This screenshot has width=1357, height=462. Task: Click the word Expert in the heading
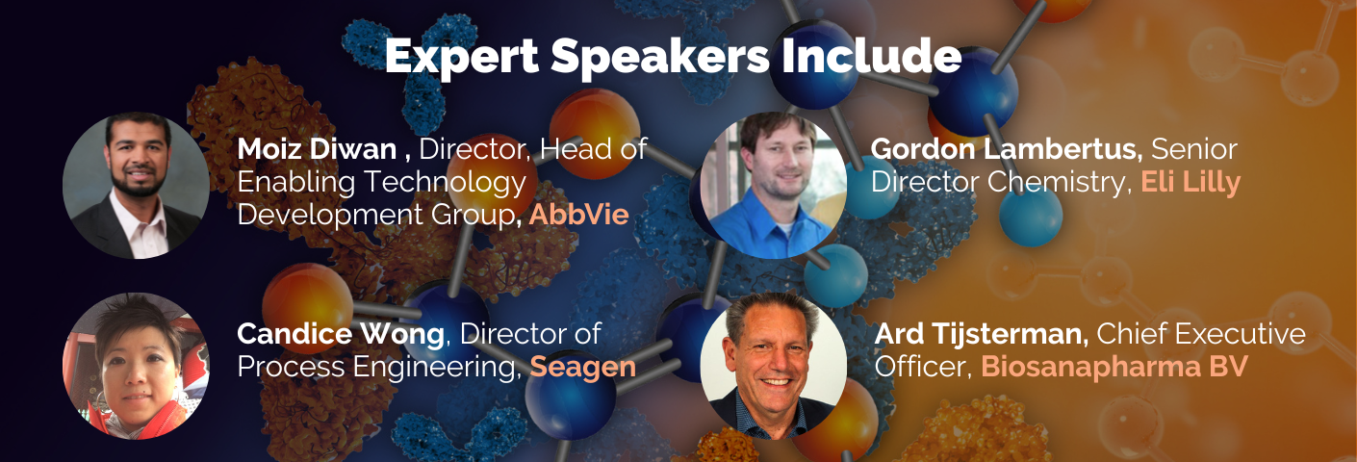coord(462,58)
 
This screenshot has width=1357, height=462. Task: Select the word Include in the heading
coord(871,56)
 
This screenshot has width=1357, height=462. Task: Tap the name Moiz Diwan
coord(317,149)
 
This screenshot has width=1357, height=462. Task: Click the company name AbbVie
coord(578,215)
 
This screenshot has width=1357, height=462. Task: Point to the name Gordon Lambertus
coord(1007,149)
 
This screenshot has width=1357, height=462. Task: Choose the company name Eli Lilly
coord(1191,183)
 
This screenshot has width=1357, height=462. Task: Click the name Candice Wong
coord(341,334)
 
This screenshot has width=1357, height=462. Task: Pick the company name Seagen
coord(583,368)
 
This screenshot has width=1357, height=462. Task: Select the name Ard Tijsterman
coord(981,334)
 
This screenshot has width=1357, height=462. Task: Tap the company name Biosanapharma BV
coord(1114,367)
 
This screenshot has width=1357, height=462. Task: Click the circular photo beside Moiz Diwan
coord(137,186)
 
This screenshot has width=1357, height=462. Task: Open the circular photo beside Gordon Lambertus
coord(774,186)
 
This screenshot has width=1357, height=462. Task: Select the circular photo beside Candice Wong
coord(137,366)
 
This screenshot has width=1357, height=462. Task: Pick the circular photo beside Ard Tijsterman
coord(774,366)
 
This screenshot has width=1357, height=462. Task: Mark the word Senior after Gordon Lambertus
coord(1194,149)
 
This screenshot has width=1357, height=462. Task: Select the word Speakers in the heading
coord(659,58)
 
